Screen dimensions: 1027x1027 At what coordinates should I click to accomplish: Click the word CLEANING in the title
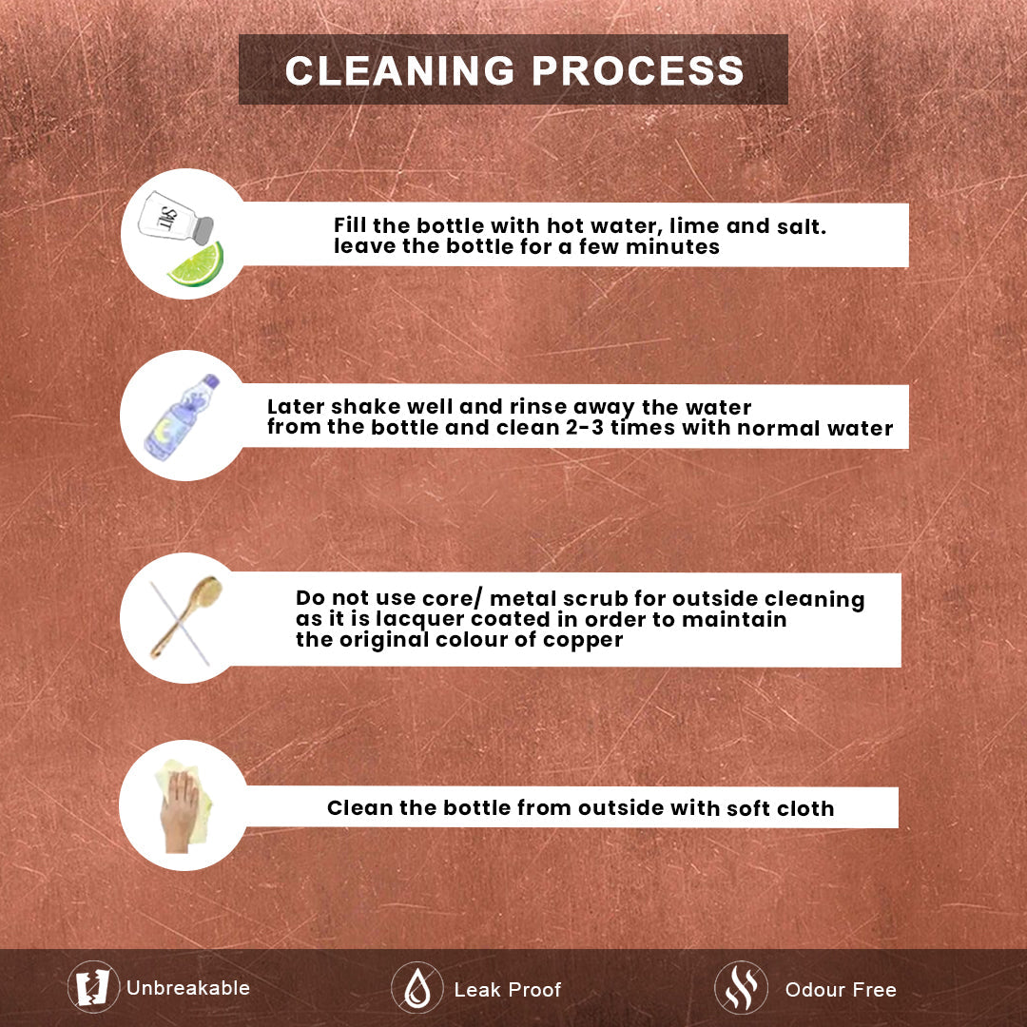[399, 70]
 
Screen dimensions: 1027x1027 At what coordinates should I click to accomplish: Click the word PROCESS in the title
[638, 70]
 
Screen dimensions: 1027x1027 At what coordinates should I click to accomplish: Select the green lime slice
[197, 264]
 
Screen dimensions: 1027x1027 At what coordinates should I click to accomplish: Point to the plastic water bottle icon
[182, 417]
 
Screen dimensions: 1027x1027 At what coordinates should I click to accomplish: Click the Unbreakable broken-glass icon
[93, 987]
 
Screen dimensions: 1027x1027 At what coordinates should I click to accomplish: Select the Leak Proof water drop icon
[417, 988]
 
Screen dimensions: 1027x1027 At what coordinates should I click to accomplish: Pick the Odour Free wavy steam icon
[741, 988]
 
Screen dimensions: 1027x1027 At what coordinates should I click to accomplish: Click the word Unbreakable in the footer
[188, 988]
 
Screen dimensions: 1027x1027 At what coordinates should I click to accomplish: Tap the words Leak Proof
[508, 989]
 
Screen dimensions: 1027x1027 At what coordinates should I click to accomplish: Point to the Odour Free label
[841, 989]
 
